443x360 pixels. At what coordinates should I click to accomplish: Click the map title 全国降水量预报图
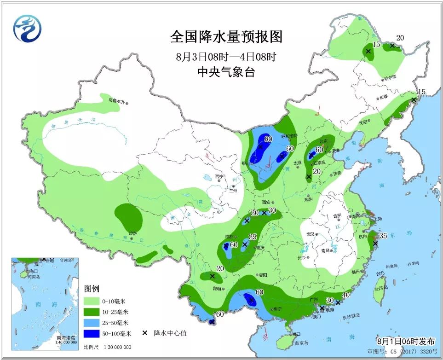coord(226,36)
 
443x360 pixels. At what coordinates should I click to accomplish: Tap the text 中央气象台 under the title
coord(226,72)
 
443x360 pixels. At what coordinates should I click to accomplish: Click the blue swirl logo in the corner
coord(27,28)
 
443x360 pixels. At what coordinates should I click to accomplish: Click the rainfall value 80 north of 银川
coord(268,139)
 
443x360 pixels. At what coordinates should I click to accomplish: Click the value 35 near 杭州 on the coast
coord(383,236)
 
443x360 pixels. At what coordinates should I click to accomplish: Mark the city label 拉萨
coord(132,233)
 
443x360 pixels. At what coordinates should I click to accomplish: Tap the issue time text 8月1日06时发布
coord(406,342)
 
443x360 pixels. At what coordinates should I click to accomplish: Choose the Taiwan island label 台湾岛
coord(380,289)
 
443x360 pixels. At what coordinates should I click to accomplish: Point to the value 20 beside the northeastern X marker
coord(400,38)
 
